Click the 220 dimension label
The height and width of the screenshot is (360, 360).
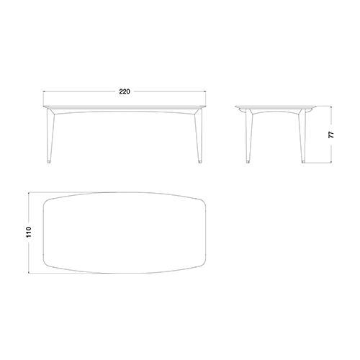tap(125, 91)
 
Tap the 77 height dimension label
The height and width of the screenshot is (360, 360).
tap(331, 135)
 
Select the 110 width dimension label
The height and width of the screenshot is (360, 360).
tap(29, 232)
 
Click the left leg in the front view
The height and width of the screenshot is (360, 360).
tap(50, 135)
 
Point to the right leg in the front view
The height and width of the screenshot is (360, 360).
tap(199, 135)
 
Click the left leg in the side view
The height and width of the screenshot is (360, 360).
tap(249, 135)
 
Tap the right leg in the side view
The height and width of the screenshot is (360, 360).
tap(302, 135)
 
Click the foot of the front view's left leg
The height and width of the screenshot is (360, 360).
tap(49, 162)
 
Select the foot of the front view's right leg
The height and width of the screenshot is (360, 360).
tap(200, 162)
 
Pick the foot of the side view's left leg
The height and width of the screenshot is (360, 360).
tap(248, 162)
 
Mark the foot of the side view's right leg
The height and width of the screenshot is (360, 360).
tap(304, 162)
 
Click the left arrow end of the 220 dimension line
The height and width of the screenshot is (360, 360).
tap(43, 91)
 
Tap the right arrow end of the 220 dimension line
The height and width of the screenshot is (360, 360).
tap(206, 91)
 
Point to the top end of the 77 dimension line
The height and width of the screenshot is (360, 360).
tap(331, 107)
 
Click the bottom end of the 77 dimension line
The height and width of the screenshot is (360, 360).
tap(331, 163)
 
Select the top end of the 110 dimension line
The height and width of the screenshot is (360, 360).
tap(29, 192)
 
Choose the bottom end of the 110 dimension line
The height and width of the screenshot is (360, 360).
tap(29, 273)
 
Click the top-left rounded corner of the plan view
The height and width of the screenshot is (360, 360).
tap(46, 202)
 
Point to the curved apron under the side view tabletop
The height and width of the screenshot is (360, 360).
tap(276, 111)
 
